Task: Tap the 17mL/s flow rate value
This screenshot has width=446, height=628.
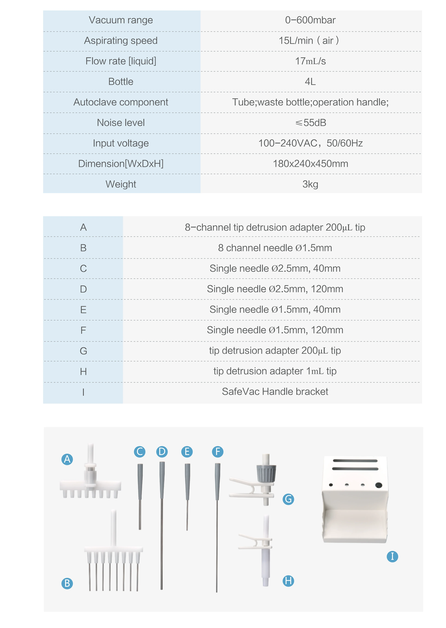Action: pyautogui.click(x=310, y=61)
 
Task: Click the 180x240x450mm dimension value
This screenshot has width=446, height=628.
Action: pyautogui.click(x=310, y=164)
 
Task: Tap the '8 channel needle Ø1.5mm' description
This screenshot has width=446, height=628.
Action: pyautogui.click(x=275, y=248)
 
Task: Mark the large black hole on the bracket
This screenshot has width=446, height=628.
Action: pyautogui.click(x=379, y=485)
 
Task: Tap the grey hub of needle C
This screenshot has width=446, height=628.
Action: pyautogui.click(x=140, y=482)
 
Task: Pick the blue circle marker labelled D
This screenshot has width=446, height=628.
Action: pyautogui.click(x=162, y=451)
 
